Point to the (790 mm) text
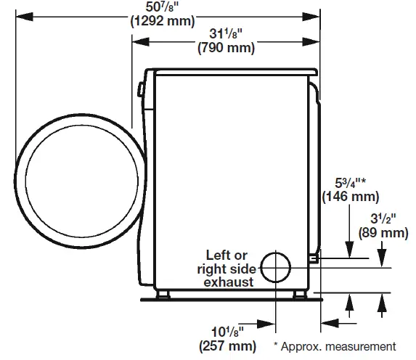(x=226, y=49)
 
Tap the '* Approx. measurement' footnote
(x=335, y=346)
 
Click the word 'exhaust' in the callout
(x=229, y=281)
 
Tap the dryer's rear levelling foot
(x=299, y=295)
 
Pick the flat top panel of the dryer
(x=232, y=70)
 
